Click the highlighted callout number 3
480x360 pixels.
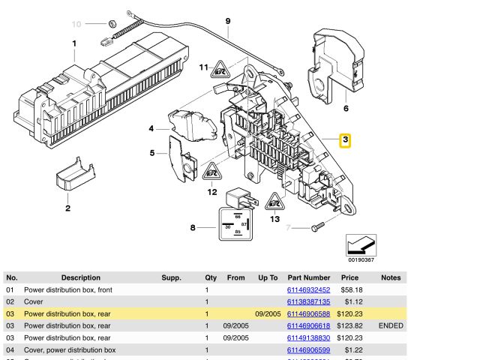[x=345, y=140]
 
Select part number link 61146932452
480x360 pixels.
[x=308, y=289]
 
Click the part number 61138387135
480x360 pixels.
[x=308, y=301]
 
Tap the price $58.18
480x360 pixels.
[x=353, y=289]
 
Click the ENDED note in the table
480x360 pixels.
[x=391, y=325]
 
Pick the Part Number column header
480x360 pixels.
[x=308, y=277]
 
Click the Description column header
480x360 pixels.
[x=80, y=277]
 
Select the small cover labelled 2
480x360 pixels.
[x=73, y=177]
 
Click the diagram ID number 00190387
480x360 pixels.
[x=361, y=260]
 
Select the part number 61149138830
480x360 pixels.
[x=308, y=337]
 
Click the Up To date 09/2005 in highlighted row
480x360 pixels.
[x=268, y=313]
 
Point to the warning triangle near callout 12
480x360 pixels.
[x=211, y=171]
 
